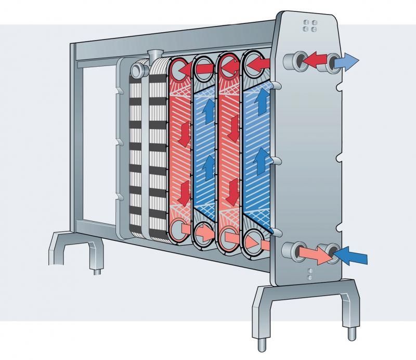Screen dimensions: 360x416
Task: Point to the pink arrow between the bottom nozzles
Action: [x=319, y=253]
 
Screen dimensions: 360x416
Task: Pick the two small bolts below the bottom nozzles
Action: [x=310, y=274]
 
